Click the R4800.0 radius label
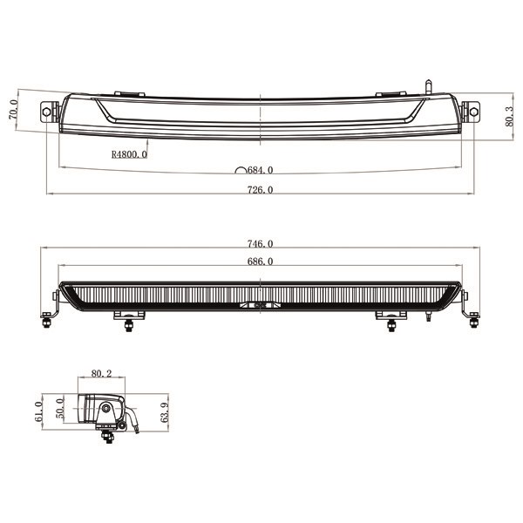129,154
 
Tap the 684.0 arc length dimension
260,170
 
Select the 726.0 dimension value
260,190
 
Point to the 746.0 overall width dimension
260,244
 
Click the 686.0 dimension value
260,261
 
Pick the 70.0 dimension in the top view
13,110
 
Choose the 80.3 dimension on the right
509,117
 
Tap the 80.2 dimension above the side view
101,374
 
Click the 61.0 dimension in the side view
38,411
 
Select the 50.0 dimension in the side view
59,408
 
